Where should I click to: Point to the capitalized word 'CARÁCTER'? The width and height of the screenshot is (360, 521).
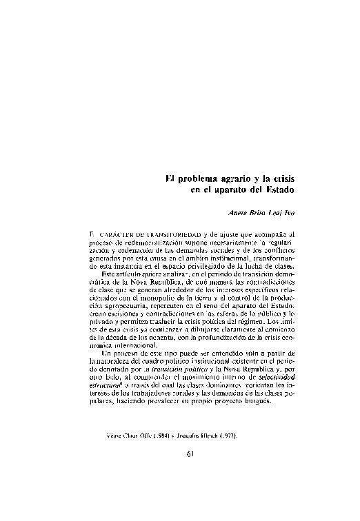117,234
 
